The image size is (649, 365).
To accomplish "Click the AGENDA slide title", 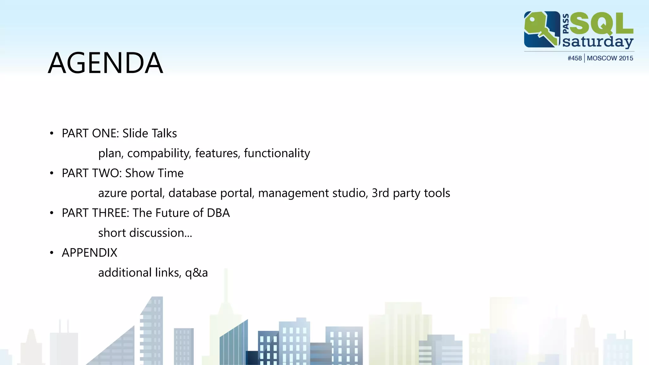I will click(x=106, y=63).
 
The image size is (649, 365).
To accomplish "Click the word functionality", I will click(x=277, y=153).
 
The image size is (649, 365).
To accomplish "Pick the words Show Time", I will click(x=154, y=173).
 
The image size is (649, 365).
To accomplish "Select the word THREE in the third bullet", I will click(x=111, y=213).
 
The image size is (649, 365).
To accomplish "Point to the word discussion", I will click(x=157, y=233).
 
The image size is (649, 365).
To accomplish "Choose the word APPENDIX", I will click(x=89, y=253).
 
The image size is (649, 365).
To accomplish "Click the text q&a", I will click(x=196, y=273).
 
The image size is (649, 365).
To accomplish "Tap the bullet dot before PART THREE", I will click(x=52, y=213).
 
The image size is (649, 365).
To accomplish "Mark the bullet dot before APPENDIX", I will click(x=52, y=253).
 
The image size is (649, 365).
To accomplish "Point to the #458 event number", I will click(x=575, y=58).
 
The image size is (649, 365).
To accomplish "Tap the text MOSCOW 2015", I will click(x=610, y=58).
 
